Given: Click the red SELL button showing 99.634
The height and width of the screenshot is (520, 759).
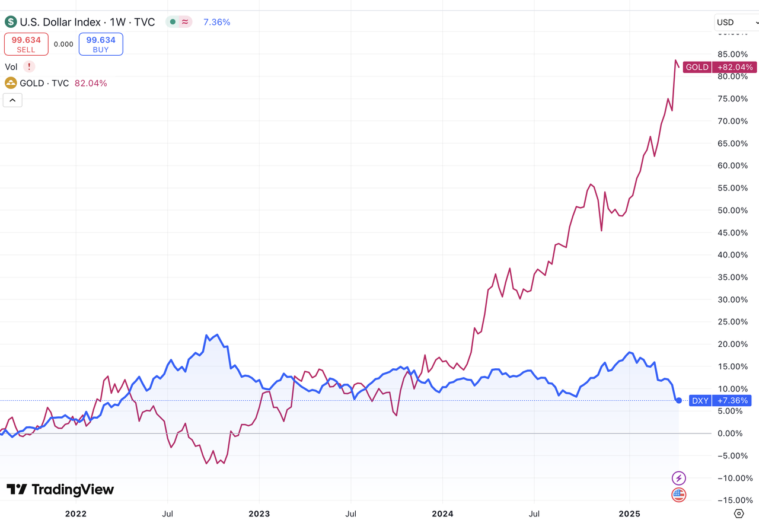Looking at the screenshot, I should (x=26, y=44).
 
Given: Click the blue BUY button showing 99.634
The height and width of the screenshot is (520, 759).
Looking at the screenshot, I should (x=101, y=44).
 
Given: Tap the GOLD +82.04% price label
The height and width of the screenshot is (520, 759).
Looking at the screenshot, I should (x=719, y=67).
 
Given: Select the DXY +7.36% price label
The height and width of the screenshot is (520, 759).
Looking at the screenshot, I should (x=720, y=401).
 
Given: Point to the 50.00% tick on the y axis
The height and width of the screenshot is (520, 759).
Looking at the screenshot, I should (x=732, y=210).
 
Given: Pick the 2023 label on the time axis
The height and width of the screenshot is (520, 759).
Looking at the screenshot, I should (x=259, y=513).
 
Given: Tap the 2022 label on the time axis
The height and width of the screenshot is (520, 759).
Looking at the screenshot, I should (x=76, y=513).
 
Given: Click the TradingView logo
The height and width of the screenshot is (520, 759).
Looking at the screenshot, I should (x=60, y=490).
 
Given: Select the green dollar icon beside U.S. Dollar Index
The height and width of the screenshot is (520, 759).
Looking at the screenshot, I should (x=11, y=23).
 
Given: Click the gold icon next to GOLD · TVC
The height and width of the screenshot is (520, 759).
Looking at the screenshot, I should (x=11, y=83).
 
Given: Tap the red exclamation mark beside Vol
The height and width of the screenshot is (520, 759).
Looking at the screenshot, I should (x=29, y=67).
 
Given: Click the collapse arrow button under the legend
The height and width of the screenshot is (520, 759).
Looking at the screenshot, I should (x=12, y=100).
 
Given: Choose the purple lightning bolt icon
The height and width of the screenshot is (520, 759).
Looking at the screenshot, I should (x=678, y=478).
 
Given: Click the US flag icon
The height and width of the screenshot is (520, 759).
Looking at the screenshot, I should (x=678, y=495).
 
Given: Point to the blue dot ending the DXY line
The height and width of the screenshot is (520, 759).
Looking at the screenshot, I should (x=679, y=401).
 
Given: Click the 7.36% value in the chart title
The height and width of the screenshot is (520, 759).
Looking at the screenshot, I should (x=216, y=23).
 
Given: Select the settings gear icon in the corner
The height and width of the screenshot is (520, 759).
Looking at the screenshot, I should (x=739, y=513).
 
